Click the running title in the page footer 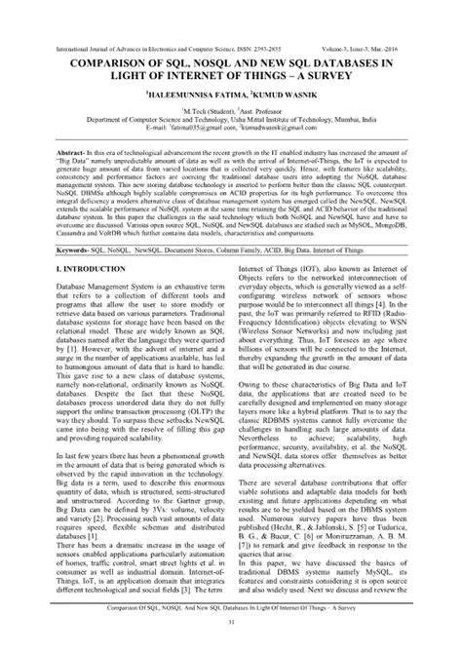[x=231, y=608]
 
